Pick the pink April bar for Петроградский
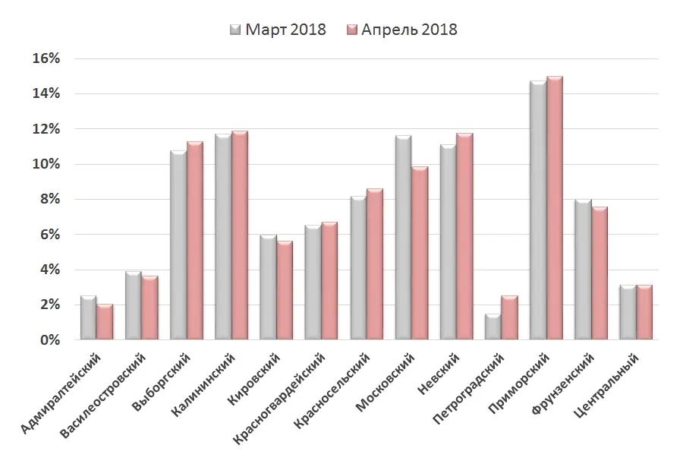[x=509, y=318]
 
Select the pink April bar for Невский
[x=464, y=237]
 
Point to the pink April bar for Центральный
[x=644, y=312]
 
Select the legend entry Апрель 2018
[x=401, y=30]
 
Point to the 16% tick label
[x=45, y=58]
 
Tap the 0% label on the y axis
[x=49, y=340]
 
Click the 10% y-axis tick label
[x=45, y=164]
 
